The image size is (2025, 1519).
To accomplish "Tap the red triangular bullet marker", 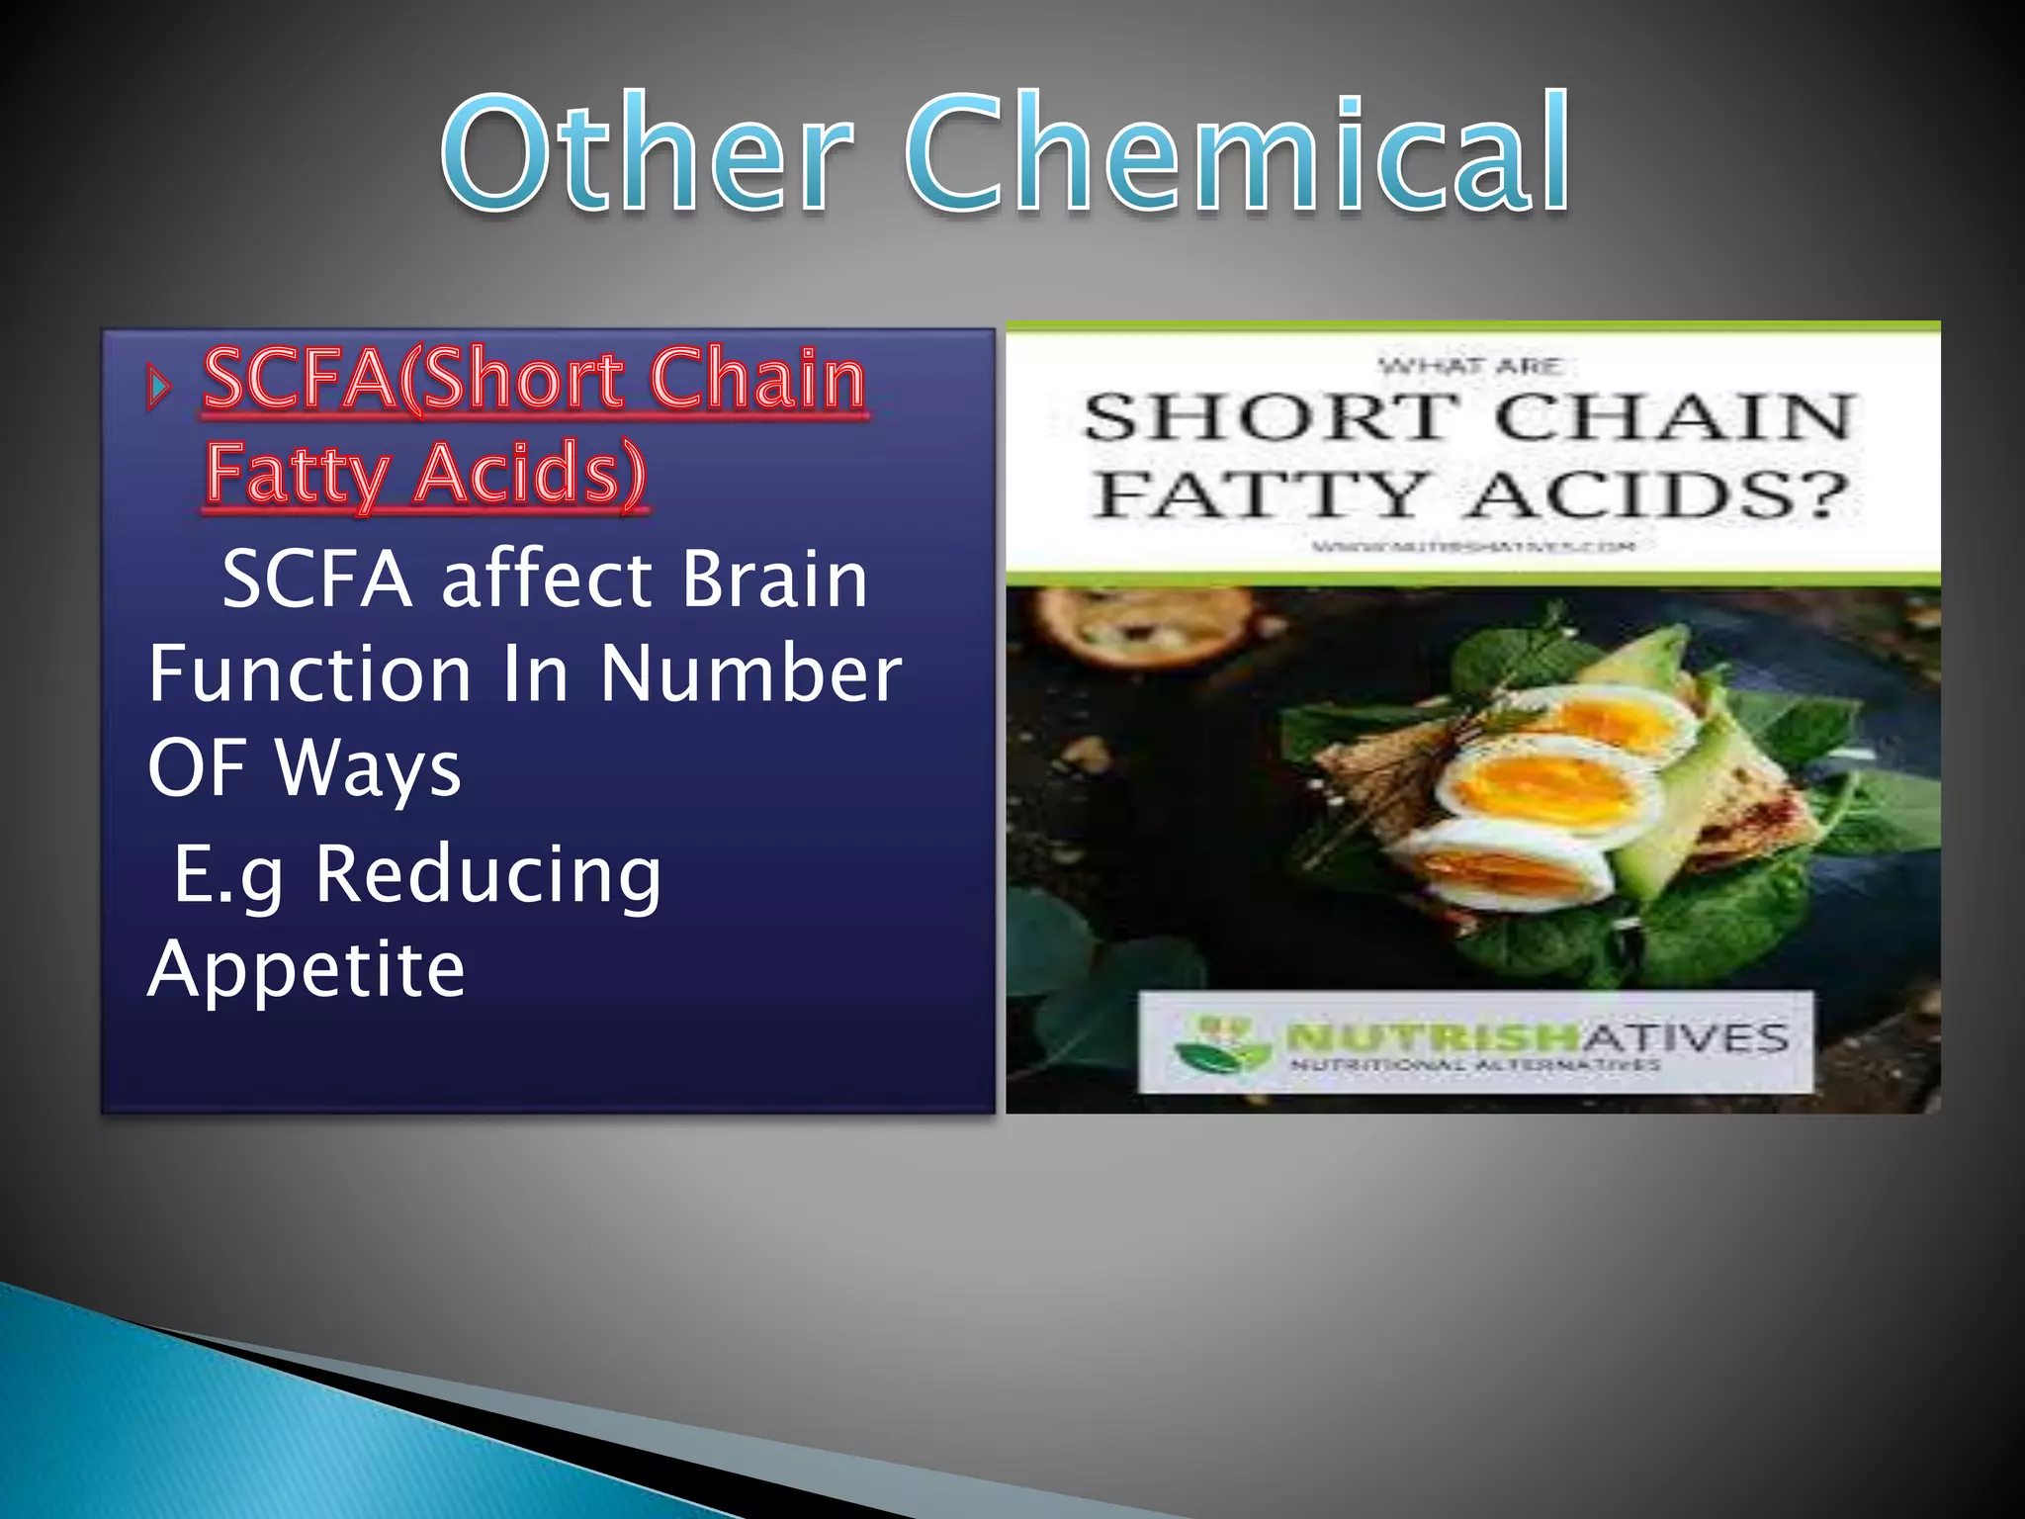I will click(x=158, y=387).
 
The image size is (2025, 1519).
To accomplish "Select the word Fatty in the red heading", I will click(x=297, y=475).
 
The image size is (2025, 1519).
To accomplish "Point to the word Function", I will click(x=309, y=674).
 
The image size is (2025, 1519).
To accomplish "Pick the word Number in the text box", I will click(x=750, y=674).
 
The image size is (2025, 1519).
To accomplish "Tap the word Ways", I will click(x=368, y=769).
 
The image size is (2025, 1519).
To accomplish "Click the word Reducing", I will click(x=487, y=875).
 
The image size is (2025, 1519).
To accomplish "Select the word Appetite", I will click(x=307, y=969).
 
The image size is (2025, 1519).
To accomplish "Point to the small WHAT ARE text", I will click(x=1470, y=367).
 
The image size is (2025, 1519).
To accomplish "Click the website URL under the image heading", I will click(x=1473, y=546).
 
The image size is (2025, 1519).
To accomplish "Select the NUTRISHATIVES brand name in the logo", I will click(x=1538, y=1037).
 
